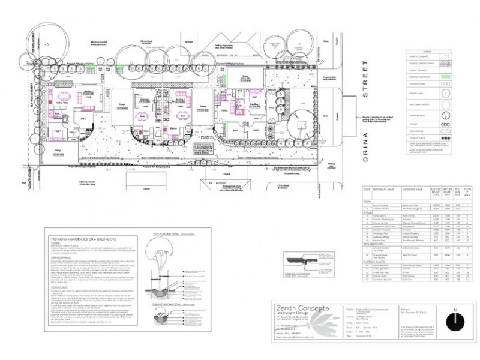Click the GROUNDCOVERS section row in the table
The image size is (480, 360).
(377, 245)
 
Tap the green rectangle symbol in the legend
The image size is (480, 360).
(445, 77)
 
